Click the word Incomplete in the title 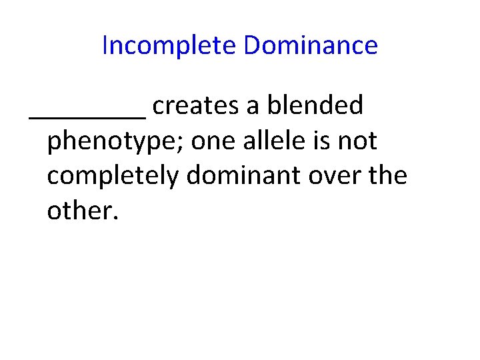click(170, 45)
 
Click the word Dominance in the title click(311, 45)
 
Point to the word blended click(315, 105)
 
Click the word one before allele click(209, 141)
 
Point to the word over click(345, 176)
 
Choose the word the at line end click(391, 175)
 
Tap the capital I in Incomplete click(105, 45)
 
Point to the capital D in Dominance click(251, 45)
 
